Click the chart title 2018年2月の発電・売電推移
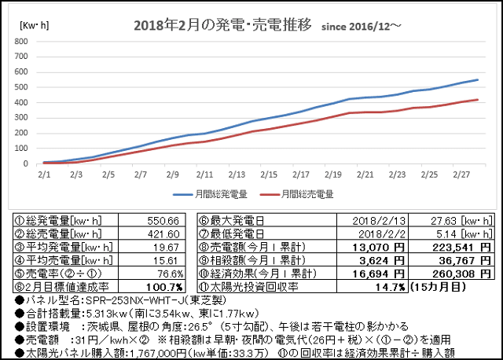(x=222, y=25)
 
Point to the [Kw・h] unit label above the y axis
(x=35, y=25)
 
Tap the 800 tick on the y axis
(x=21, y=42)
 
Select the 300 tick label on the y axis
(x=21, y=118)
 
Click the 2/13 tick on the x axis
(x=237, y=174)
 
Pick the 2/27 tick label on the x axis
(x=461, y=174)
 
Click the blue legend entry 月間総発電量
(x=210, y=194)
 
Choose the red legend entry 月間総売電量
(x=297, y=194)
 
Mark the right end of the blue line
(x=478, y=80)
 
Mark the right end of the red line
(x=478, y=100)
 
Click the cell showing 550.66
(x=163, y=221)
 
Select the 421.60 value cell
(x=163, y=234)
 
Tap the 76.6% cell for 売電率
(x=171, y=274)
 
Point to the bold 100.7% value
(x=164, y=287)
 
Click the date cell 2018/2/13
(x=379, y=221)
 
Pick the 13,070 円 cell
(x=379, y=248)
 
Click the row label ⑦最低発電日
(x=231, y=234)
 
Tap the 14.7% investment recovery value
(x=391, y=287)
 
